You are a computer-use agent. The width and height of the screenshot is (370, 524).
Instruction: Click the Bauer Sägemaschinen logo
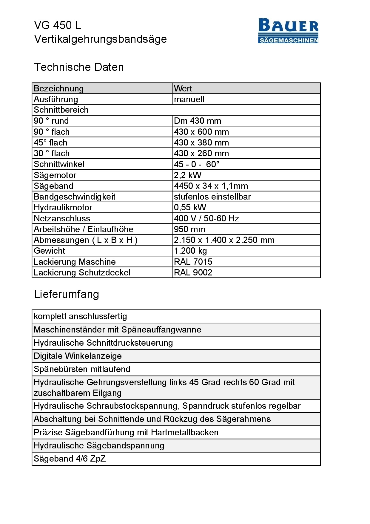(288, 31)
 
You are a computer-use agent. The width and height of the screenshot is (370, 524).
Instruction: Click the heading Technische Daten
(79, 67)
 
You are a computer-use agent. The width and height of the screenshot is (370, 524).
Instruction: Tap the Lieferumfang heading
(67, 294)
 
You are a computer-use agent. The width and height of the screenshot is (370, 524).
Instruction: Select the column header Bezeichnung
(59, 88)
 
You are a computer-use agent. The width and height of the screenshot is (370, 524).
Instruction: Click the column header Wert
(183, 88)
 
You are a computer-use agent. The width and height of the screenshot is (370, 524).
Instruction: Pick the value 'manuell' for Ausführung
(189, 99)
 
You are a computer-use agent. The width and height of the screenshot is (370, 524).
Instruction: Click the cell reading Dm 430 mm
(198, 121)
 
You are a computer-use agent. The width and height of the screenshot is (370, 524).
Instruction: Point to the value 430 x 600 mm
(201, 132)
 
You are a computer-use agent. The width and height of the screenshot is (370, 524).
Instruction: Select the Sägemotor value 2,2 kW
(188, 175)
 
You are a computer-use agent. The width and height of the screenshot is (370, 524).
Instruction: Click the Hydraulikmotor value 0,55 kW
(190, 207)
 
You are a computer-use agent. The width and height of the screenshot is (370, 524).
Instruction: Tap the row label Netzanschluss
(62, 218)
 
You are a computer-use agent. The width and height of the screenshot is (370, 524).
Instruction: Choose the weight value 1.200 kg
(190, 251)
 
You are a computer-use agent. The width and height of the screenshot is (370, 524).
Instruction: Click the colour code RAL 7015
(193, 262)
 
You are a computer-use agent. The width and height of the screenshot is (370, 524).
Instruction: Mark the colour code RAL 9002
(193, 272)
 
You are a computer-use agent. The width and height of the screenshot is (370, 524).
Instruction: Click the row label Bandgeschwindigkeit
(75, 197)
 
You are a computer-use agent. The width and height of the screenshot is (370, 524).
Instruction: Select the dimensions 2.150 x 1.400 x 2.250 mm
(224, 240)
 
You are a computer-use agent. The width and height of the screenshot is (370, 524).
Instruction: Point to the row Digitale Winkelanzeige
(78, 356)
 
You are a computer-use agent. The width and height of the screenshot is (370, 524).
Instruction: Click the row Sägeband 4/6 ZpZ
(70, 459)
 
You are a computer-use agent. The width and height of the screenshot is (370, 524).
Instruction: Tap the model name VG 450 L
(58, 25)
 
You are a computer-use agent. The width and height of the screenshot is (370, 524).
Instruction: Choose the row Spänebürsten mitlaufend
(82, 369)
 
